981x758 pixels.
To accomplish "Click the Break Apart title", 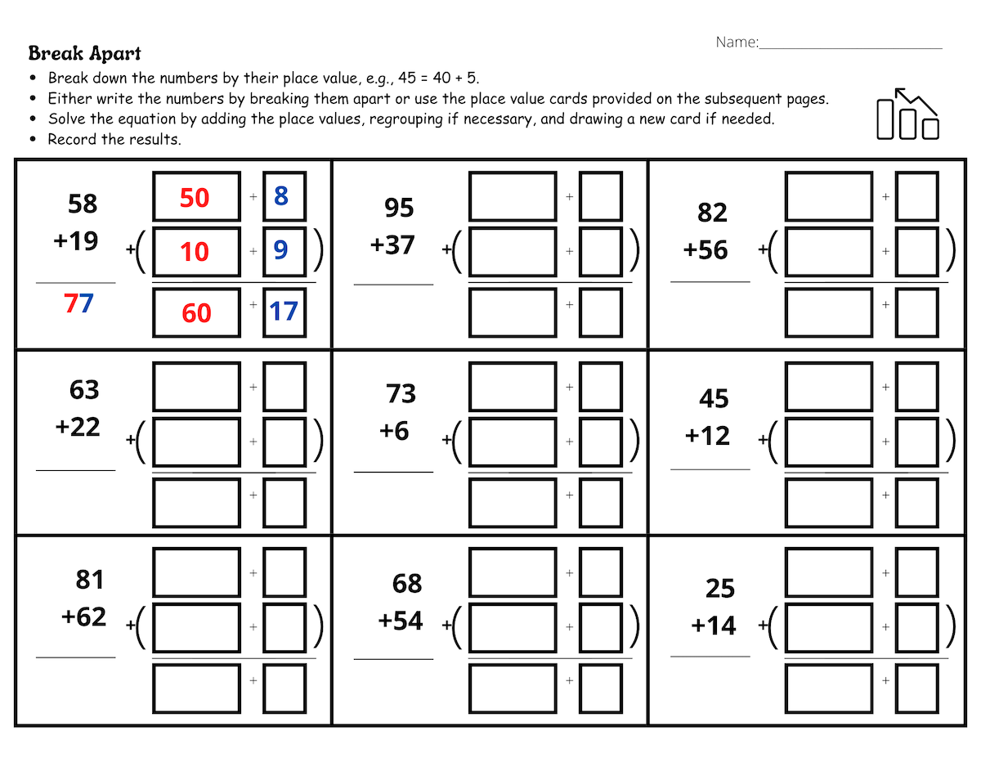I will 84,54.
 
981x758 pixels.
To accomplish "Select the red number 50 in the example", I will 195,198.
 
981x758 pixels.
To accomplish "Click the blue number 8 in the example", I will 281,196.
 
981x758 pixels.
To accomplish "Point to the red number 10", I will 195,252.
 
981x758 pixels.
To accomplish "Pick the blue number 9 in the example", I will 281,250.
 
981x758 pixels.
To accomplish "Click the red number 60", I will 196,313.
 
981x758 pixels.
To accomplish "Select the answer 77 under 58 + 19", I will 78,304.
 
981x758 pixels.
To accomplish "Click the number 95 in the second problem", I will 399,209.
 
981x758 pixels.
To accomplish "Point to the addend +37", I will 392,245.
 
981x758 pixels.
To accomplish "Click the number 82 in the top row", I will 712,213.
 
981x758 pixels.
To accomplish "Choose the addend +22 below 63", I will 78,427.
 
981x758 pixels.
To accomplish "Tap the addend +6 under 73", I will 394,431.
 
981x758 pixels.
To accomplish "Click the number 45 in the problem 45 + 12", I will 714,399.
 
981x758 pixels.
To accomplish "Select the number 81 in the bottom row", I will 89,580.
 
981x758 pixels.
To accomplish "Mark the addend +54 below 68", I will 401,621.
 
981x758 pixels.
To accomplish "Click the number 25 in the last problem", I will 720,589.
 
